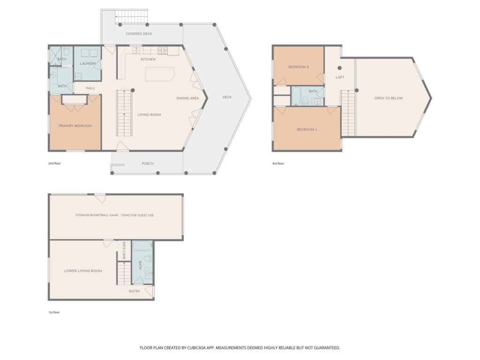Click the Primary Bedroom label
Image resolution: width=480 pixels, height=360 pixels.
point(75,126)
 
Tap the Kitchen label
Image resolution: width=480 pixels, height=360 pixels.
point(148,60)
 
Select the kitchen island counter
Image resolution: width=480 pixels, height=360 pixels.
point(160,74)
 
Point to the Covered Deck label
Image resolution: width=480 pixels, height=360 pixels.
point(139,34)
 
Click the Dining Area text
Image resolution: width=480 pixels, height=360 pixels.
point(187,98)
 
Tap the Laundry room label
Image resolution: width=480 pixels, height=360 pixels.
point(88,64)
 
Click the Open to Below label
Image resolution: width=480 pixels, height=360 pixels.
point(389,98)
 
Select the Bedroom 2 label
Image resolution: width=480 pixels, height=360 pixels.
point(299,67)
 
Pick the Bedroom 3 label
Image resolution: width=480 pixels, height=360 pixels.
point(307,130)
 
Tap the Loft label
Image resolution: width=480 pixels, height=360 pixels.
point(340,77)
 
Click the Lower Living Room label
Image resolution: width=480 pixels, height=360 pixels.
point(83,271)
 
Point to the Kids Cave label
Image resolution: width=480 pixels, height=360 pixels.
point(124,251)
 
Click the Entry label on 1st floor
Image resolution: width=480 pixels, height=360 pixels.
point(135,292)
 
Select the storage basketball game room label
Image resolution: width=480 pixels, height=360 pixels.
point(114,215)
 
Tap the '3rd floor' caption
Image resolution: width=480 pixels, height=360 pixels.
point(278,164)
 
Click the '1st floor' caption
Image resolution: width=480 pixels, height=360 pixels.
point(54,313)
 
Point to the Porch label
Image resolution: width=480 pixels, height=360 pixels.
point(148,164)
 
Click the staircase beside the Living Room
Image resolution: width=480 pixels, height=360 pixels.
point(124,113)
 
